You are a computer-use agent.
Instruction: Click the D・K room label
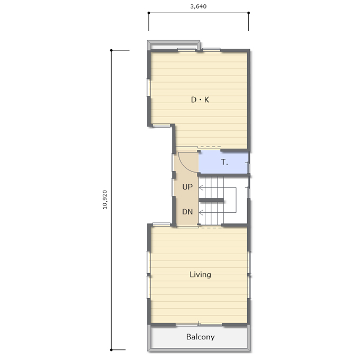200,100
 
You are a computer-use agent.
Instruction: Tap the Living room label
200,274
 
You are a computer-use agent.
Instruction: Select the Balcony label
201,337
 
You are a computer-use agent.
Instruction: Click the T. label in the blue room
224,163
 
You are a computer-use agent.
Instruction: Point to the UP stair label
187,187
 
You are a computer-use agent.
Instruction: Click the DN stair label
187,212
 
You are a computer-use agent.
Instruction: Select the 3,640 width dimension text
199,6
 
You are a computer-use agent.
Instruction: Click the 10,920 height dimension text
105,200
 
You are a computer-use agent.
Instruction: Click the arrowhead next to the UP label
201,188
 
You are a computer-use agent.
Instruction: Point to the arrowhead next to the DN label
201,213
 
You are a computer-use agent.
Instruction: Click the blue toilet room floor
223,163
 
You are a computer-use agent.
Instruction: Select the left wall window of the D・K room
149,87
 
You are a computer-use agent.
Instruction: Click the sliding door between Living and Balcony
199,325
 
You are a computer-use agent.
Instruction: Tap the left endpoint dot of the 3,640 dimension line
149,13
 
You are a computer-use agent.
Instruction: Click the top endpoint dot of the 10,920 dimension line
111,50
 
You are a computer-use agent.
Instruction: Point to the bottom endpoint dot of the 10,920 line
111,350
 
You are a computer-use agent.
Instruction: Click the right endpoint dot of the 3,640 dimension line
249,13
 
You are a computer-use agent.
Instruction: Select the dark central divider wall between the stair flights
211,200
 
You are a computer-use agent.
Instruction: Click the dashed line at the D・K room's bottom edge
210,147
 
